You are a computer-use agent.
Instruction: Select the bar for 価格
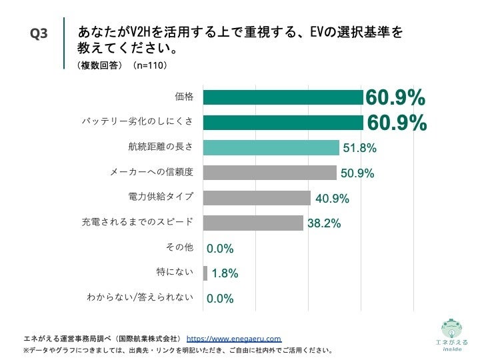pyautogui.click(x=283, y=97)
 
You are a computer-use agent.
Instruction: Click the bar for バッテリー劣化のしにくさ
pyautogui.click(x=283, y=122)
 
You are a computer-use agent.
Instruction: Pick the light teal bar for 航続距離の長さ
pyautogui.click(x=271, y=147)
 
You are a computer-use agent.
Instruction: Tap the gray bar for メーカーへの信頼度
pyautogui.click(x=269, y=173)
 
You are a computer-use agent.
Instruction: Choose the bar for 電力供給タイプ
pyautogui.click(x=257, y=198)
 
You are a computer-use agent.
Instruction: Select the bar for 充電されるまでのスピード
pyautogui.click(x=253, y=223)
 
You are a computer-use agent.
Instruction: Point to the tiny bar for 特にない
pyautogui.click(x=205, y=273)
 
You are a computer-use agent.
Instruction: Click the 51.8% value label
pyautogui.click(x=359, y=148)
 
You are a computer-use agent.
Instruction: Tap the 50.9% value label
pyautogui.click(x=357, y=173)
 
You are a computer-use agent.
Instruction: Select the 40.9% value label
pyautogui.click(x=332, y=199)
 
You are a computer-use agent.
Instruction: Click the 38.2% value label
pyautogui.click(x=325, y=223)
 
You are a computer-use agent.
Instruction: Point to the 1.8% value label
pyautogui.click(x=225, y=273)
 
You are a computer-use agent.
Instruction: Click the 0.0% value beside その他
pyautogui.click(x=220, y=249)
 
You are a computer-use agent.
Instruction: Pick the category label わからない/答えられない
pyautogui.click(x=141, y=298)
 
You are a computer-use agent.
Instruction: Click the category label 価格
pyautogui.click(x=183, y=97)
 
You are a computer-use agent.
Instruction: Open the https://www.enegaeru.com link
pyautogui.click(x=233, y=338)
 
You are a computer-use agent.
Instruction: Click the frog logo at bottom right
pyautogui.click(x=451, y=329)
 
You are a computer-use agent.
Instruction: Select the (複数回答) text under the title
pyautogui.click(x=100, y=66)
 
